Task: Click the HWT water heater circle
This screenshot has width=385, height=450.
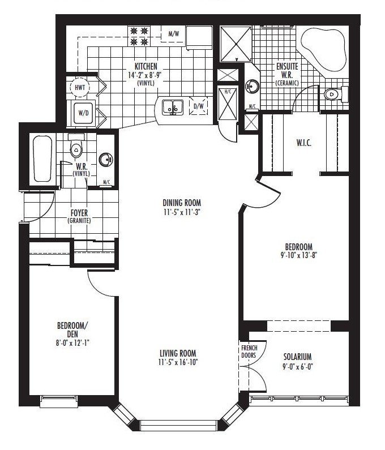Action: click(x=80, y=87)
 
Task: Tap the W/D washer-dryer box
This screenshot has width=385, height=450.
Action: click(x=83, y=113)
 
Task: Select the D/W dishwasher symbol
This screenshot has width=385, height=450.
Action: click(x=198, y=106)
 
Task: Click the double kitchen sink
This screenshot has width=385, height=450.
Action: click(x=173, y=108)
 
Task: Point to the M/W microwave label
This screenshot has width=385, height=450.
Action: click(x=174, y=34)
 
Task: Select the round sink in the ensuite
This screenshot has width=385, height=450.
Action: click(x=252, y=86)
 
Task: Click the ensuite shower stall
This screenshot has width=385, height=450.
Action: click(x=236, y=44)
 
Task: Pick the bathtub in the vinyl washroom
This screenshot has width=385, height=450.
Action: click(x=42, y=158)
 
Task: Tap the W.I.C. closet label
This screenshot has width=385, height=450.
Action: click(x=303, y=143)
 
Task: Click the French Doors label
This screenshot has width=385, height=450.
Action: click(x=249, y=352)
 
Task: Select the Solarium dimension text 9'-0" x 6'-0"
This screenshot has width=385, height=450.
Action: click(x=297, y=366)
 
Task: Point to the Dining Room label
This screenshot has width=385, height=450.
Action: click(x=182, y=203)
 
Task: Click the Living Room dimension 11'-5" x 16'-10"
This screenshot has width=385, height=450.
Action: click(x=178, y=362)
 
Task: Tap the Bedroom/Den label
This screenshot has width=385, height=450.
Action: click(x=72, y=330)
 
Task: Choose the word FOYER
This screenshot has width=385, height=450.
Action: click(x=79, y=213)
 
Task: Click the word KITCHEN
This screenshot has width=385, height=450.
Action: click(x=146, y=66)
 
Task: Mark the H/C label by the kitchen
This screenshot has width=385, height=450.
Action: click(x=228, y=92)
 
